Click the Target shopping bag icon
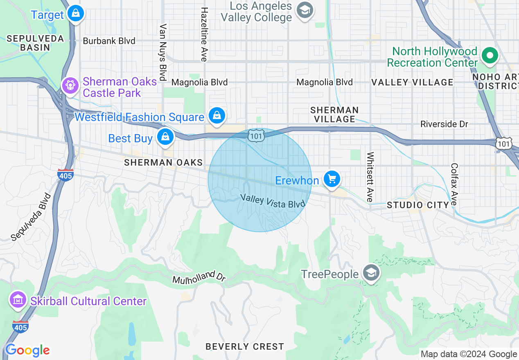tap(76, 13)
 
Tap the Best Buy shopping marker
tap(165, 137)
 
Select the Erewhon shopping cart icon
tap(332, 179)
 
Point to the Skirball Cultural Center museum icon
tap(18, 300)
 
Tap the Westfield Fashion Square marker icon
tap(217, 116)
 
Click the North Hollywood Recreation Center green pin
tap(489, 55)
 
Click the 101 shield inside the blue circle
tap(256, 136)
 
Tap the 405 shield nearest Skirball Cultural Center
tap(20, 327)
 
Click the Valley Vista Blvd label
tap(273, 201)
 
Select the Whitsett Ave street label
tap(370, 177)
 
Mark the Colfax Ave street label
tap(454, 185)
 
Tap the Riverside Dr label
tap(444, 124)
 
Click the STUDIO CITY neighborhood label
tap(418, 205)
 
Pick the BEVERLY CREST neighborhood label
tap(245, 346)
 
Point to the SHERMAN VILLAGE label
tap(334, 115)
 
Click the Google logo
tap(27, 350)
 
